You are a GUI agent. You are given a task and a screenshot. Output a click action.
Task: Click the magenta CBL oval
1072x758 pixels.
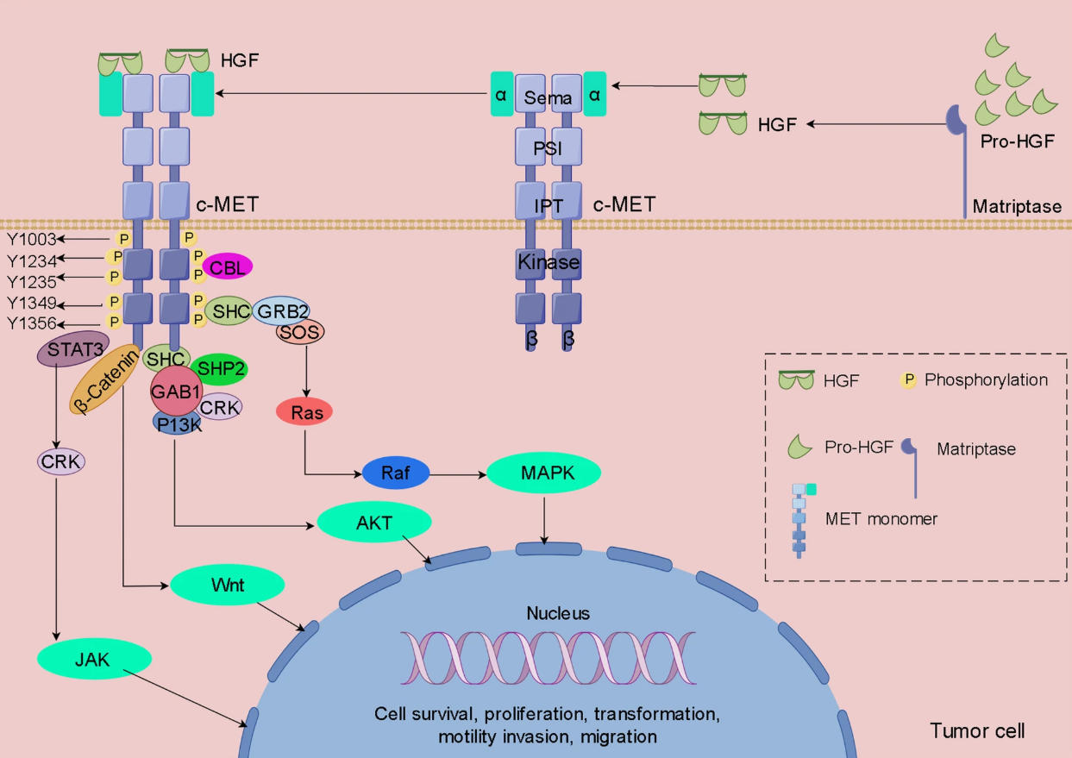[227, 267]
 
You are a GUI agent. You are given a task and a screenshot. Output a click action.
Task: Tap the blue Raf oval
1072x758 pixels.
[395, 473]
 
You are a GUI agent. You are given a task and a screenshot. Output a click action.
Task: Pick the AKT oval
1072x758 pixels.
[373, 522]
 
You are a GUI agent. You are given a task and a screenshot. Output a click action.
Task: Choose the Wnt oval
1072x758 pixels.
[227, 586]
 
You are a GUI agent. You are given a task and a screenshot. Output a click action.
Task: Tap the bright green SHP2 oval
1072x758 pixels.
[218, 369]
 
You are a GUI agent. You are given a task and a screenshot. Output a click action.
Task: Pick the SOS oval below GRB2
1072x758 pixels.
[300, 332]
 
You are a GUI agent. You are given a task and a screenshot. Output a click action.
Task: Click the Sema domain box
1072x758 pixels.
[548, 97]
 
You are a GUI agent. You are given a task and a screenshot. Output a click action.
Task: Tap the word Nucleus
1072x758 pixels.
[558, 614]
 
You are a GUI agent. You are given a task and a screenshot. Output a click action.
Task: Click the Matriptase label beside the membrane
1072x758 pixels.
[1016, 207]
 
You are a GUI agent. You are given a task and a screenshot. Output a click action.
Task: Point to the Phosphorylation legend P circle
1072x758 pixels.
[908, 380]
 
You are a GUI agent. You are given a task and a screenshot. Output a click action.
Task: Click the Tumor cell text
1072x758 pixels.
[977, 731]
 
